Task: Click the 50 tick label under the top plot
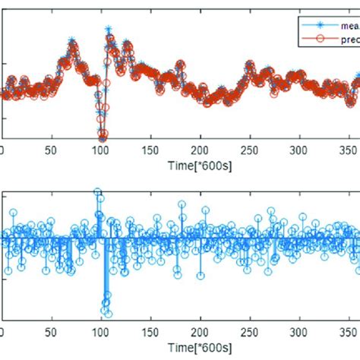click(52, 150)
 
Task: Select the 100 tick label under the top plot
click(102, 150)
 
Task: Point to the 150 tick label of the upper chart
click(151, 150)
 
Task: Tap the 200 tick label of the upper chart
click(201, 150)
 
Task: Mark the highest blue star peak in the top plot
click(108, 30)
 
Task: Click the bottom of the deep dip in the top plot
click(102, 137)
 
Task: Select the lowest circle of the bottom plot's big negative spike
click(107, 313)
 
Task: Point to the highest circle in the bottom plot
click(97, 193)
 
